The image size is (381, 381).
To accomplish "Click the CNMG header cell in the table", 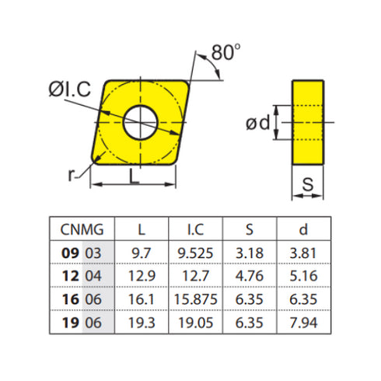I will pos(82,229).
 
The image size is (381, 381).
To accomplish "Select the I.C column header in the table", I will pos(195,229).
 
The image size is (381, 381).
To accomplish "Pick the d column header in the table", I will pos(302,229).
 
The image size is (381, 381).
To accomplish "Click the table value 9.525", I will pos(195,253).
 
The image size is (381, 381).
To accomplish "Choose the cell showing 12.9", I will pos(141,275).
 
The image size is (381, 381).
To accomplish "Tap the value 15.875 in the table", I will pos(195,298).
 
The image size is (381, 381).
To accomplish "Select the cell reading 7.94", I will pos(302,320).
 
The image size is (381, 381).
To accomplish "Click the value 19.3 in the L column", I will pos(141,320).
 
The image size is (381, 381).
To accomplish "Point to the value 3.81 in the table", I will pos(302,253).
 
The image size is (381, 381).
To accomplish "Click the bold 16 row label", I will pos(69,298).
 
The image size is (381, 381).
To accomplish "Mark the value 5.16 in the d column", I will pos(302,275).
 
